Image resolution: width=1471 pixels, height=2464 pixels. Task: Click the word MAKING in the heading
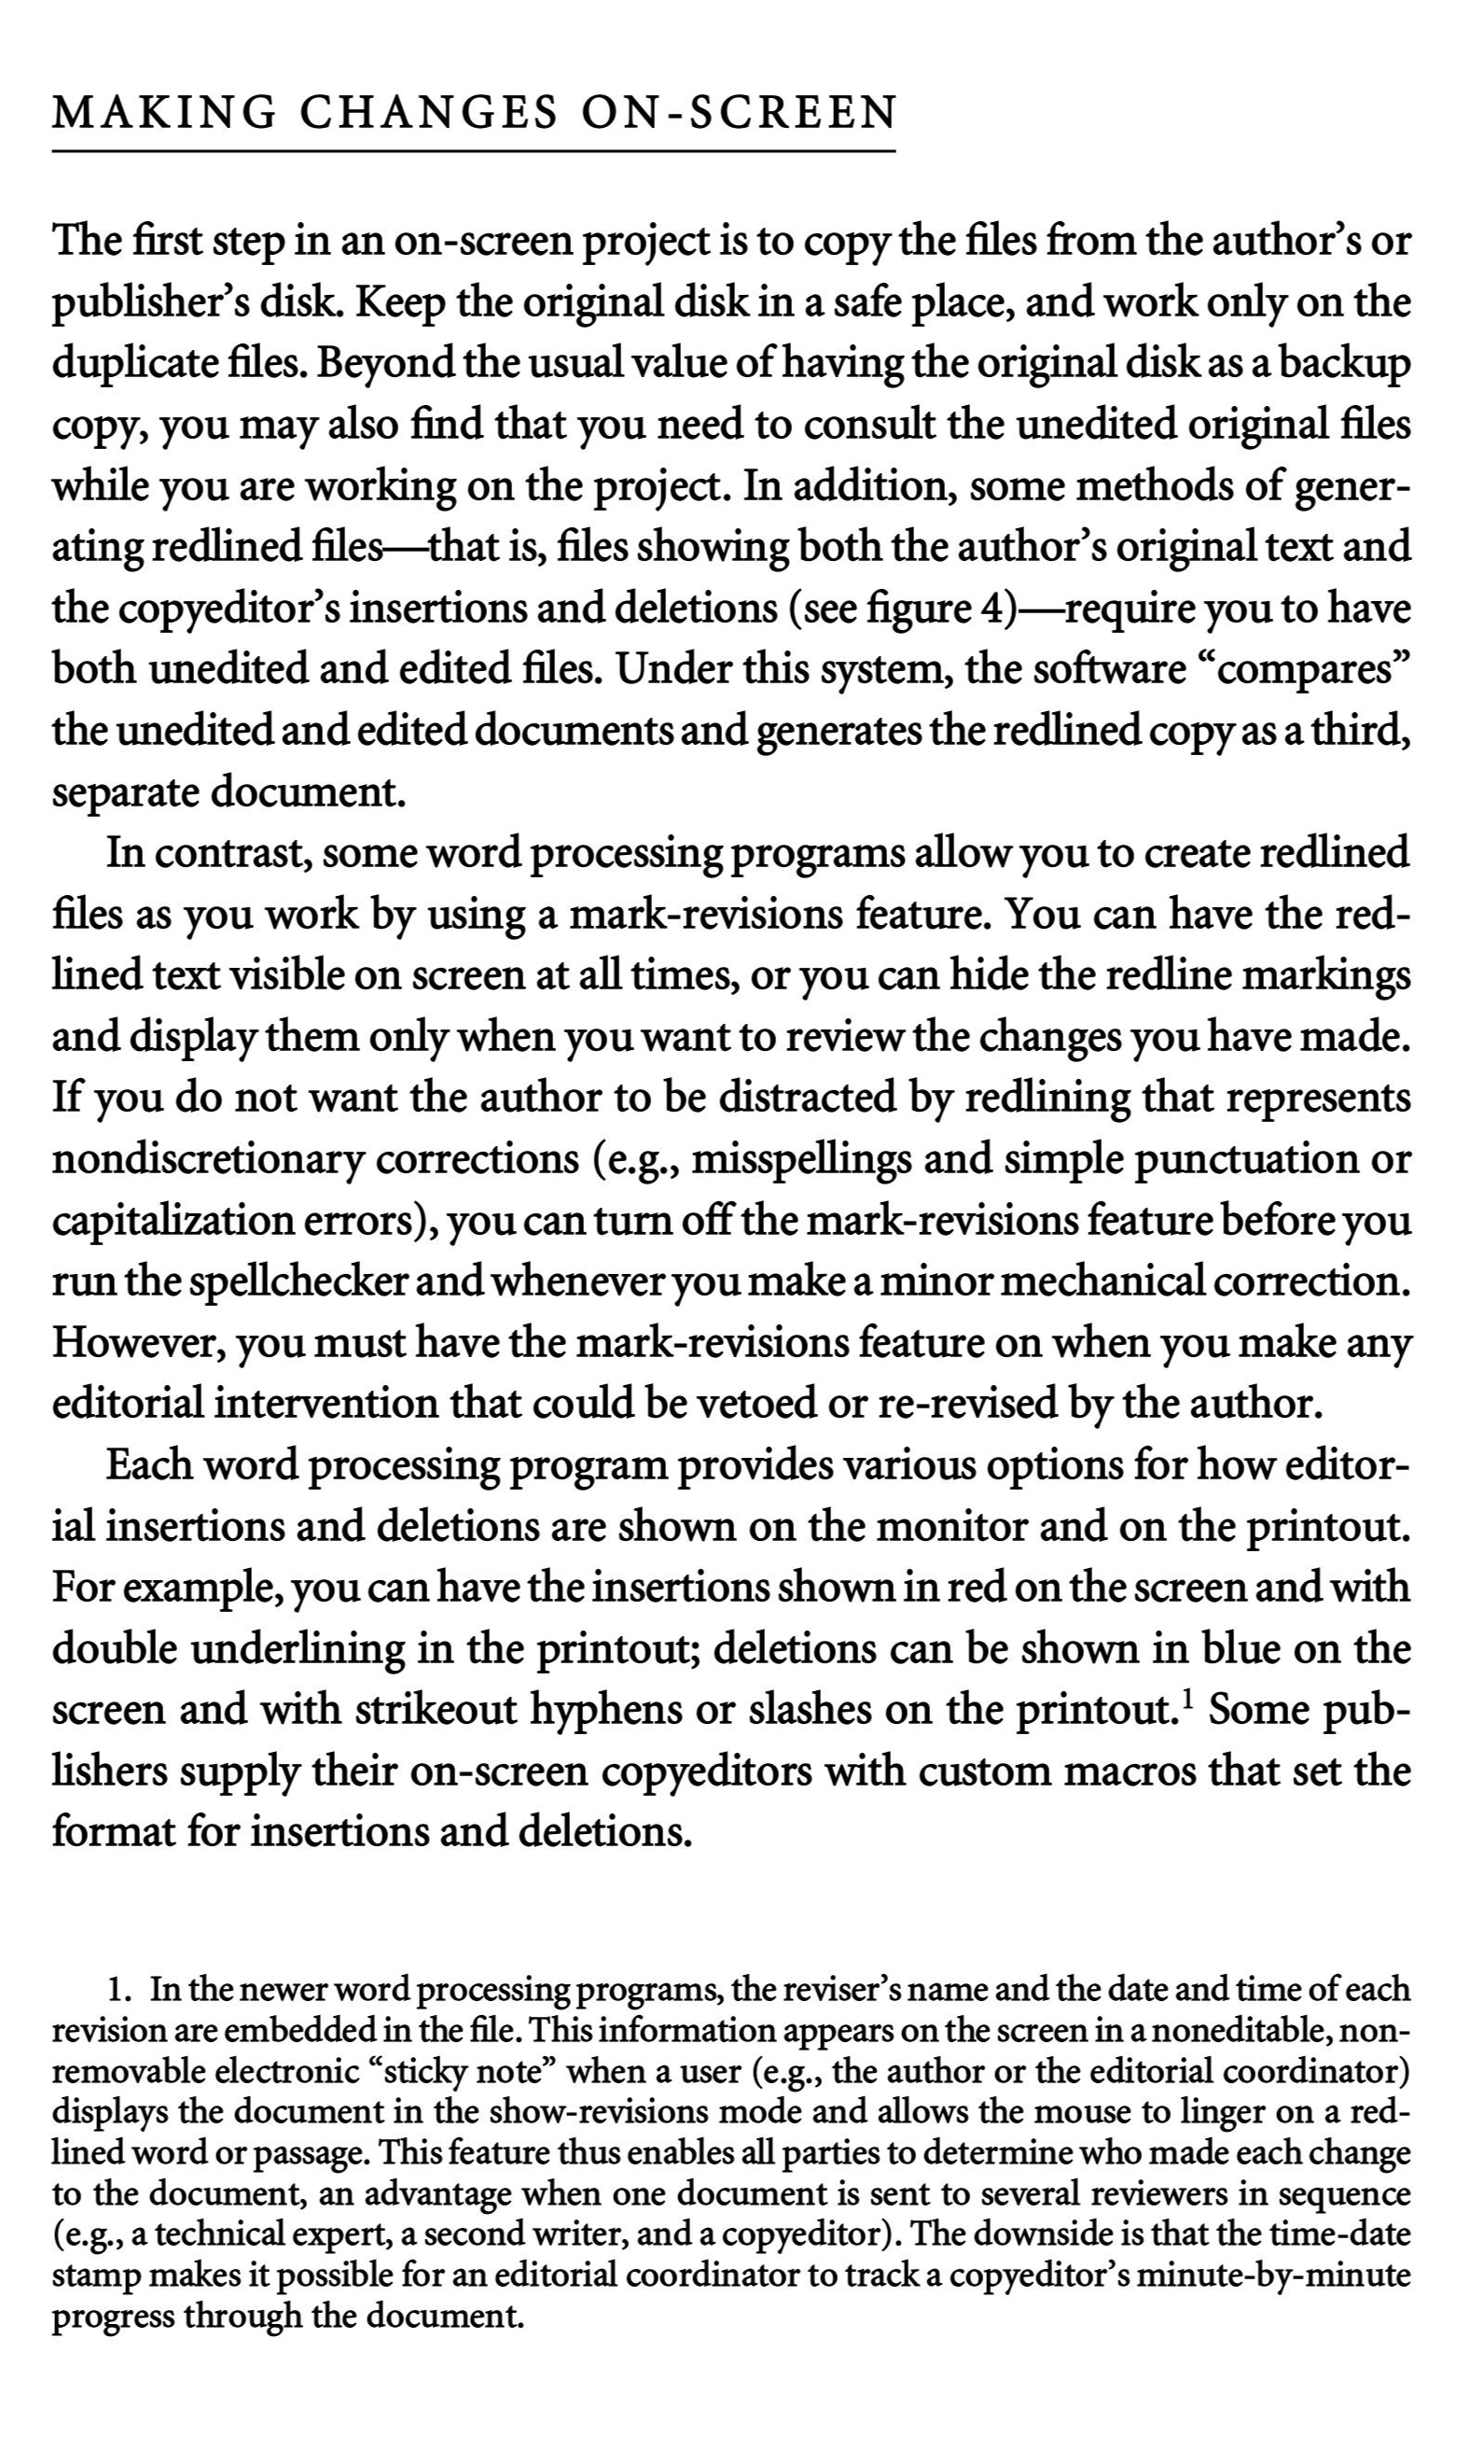163,113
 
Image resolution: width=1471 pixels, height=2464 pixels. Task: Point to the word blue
1242,1649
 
